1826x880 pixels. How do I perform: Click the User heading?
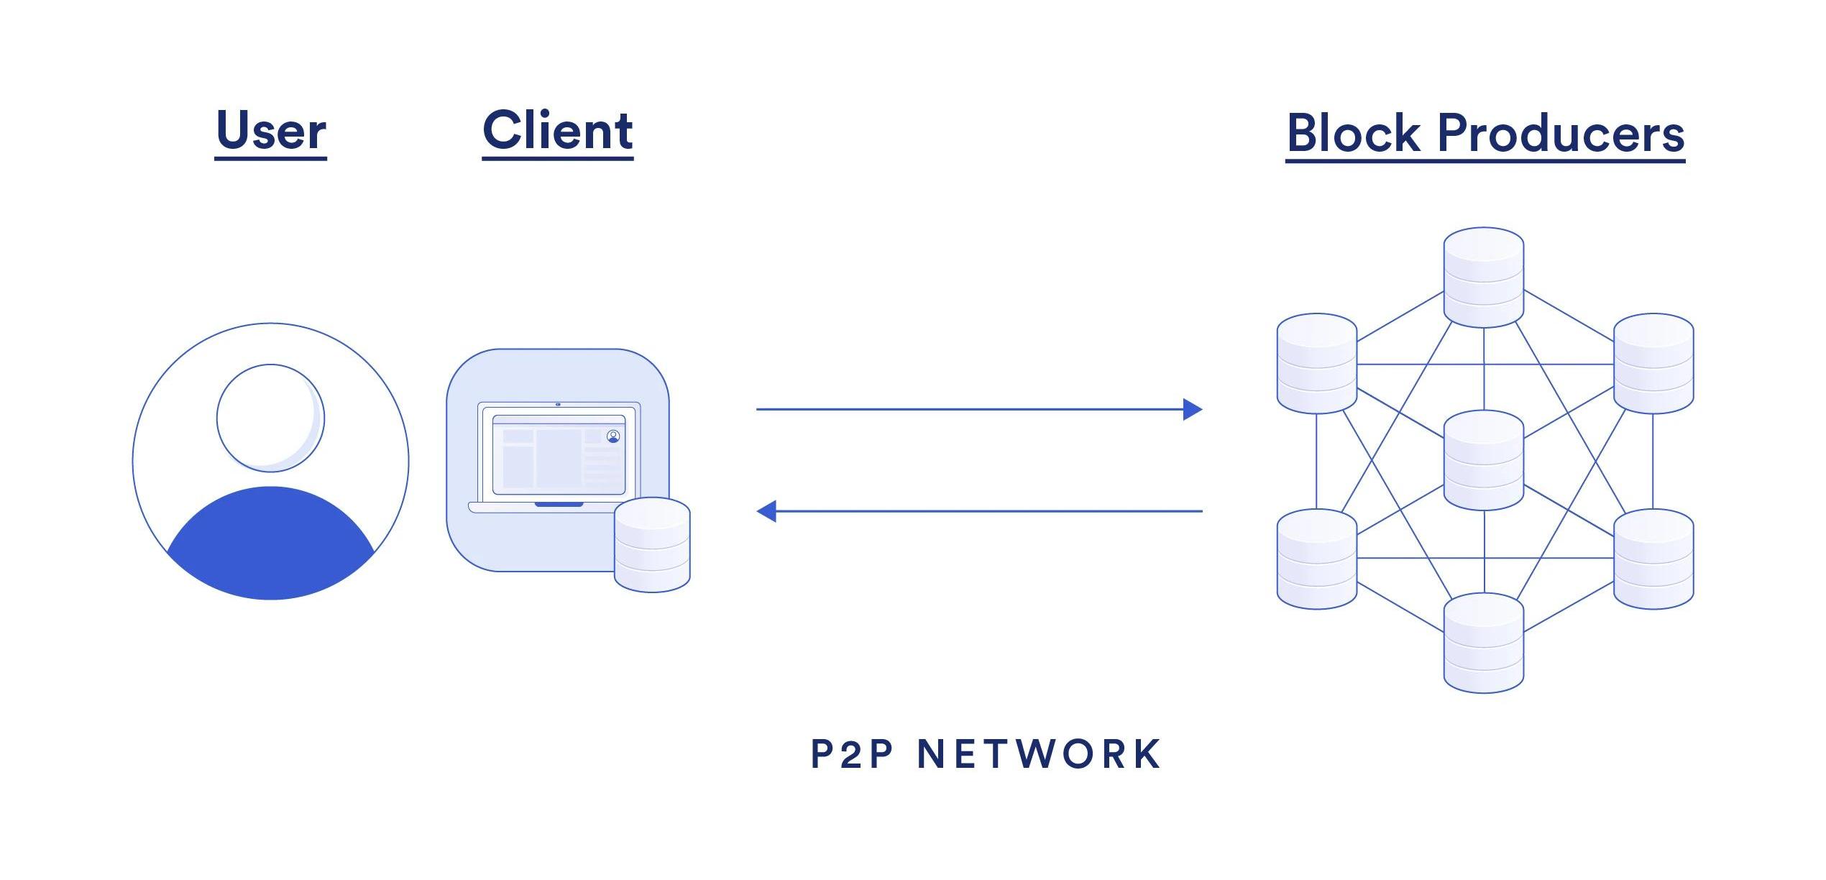(x=271, y=131)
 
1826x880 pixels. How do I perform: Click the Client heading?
(x=558, y=131)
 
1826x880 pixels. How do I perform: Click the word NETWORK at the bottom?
(x=1040, y=755)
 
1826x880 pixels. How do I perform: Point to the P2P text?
(x=853, y=755)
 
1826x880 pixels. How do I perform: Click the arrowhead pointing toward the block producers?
(x=1193, y=409)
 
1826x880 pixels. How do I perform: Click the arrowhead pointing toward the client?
(x=766, y=511)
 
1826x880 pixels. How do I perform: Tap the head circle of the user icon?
(x=270, y=418)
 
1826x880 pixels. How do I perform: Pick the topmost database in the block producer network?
(x=1484, y=277)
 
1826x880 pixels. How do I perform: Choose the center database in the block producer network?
(x=1484, y=460)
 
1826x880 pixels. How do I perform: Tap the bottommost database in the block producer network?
(x=1484, y=643)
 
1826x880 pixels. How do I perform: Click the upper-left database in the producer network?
(x=1316, y=363)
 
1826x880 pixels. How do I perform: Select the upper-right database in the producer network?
(x=1653, y=363)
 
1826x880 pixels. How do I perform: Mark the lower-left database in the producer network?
(x=1316, y=559)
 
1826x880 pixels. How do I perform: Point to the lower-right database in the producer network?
(x=1653, y=559)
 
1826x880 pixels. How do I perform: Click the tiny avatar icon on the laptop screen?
(x=613, y=436)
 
